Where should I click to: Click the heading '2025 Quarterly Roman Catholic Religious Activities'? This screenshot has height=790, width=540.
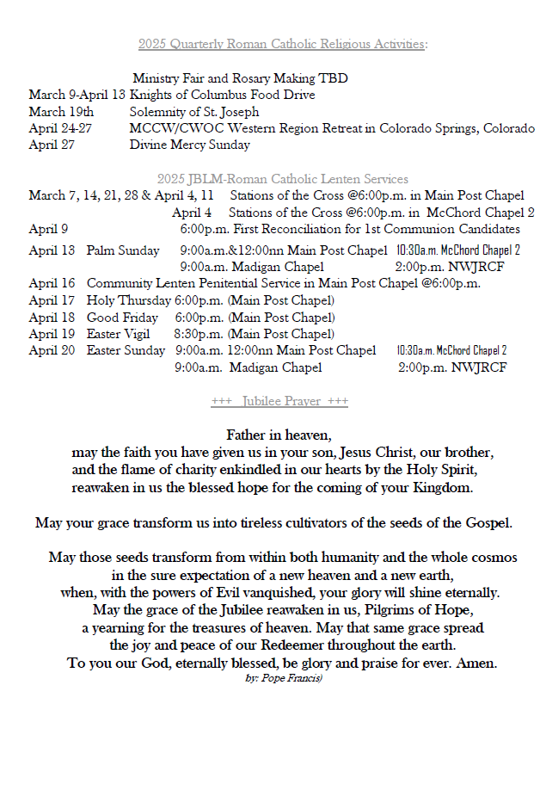coord(284,44)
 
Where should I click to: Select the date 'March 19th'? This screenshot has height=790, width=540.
coord(61,112)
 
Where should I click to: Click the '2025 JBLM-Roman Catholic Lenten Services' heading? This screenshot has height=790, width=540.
coord(283,179)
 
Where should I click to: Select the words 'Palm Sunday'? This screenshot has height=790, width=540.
coord(123,250)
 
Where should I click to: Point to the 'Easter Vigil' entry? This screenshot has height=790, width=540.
coord(118,334)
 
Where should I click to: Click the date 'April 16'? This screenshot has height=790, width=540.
coord(52,283)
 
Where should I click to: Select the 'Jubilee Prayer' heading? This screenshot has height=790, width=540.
coord(279,401)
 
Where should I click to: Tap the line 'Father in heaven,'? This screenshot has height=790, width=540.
coord(279,435)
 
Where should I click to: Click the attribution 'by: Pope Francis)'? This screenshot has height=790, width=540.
coord(284,679)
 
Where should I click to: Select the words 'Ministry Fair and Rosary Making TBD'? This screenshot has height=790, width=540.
coord(240,78)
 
